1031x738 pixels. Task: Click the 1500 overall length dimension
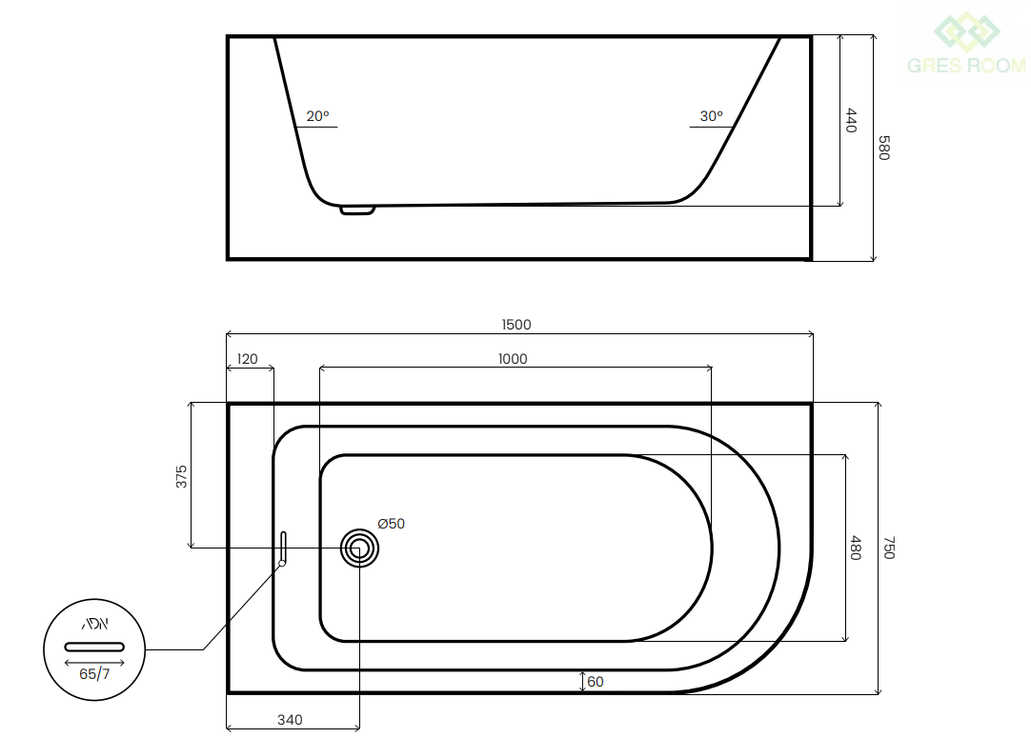tap(516, 325)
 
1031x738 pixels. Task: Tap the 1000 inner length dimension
tap(513, 359)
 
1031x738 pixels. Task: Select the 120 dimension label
tap(247, 359)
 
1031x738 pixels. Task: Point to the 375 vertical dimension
tap(181, 476)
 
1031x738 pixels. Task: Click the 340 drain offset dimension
tap(290, 720)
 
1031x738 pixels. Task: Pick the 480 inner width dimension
tap(855, 549)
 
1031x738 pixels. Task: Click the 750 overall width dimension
tap(888, 549)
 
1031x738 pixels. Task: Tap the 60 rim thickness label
tap(596, 682)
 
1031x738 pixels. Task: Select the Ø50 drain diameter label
tap(392, 524)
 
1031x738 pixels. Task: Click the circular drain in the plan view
tap(359, 549)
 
